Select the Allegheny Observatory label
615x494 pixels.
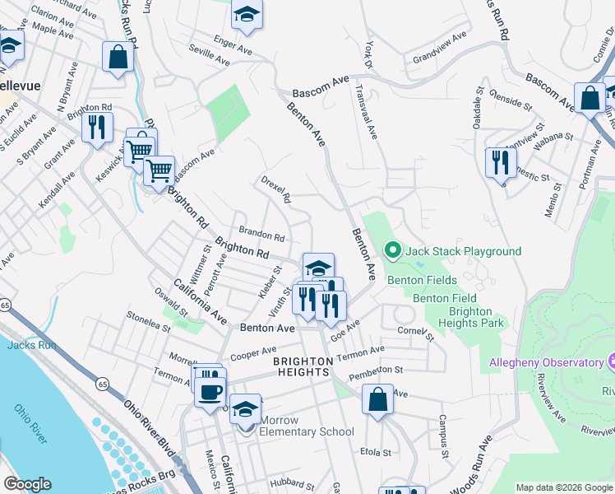pyautogui.click(x=547, y=363)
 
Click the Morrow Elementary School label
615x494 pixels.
pyautogui.click(x=307, y=431)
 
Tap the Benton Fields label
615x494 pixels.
pyautogui.click(x=422, y=281)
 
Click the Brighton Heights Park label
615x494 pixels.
pyautogui.click(x=469, y=318)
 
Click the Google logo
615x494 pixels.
pyautogui.click(x=28, y=484)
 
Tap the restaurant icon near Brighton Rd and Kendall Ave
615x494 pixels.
pyautogui.click(x=98, y=128)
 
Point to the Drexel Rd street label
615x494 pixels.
pyautogui.click(x=276, y=189)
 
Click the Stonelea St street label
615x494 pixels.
pyautogui.click(x=148, y=319)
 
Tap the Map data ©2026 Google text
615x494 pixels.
pyautogui.click(x=563, y=487)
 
